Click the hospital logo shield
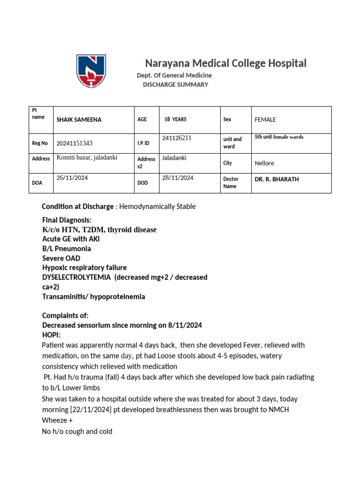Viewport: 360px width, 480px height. pos(91,71)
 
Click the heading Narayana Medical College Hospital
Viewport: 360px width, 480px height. pos(225,63)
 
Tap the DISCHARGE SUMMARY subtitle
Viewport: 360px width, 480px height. pos(175,85)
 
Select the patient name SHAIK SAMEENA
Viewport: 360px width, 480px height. pos(79,120)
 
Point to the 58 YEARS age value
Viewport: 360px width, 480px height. pos(175,120)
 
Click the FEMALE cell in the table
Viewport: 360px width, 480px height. pos(265,120)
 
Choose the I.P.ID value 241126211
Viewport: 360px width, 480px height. pos(177,138)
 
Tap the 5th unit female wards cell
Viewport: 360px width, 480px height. pos(279,137)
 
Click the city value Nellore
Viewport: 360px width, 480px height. pos(264,164)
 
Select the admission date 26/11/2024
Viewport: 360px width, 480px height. pos(72,178)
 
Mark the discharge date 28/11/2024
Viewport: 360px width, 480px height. pos(178,178)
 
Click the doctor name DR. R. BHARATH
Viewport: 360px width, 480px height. pos(277,179)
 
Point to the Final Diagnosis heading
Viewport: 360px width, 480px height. pos(67,220)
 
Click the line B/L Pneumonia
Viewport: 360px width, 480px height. pos(67,249)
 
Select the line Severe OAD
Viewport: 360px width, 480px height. pos(61,258)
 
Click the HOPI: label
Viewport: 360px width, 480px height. pos(51,335)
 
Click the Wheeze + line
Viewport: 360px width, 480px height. pos(54,420)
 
